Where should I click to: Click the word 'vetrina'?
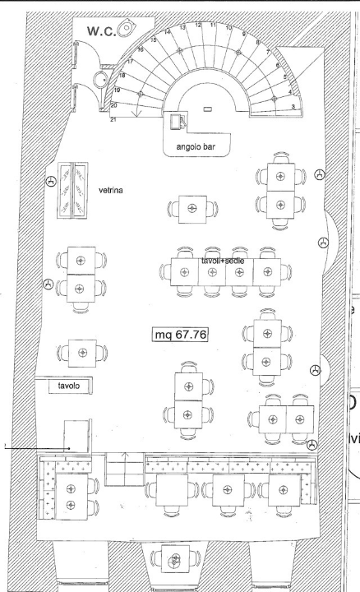coord(112,187)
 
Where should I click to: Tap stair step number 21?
coord(114,120)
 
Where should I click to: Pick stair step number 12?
coord(198,25)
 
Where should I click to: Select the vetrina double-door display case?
coord(72,189)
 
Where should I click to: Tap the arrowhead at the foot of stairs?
coord(136,123)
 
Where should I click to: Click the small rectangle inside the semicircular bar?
coord(207,109)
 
